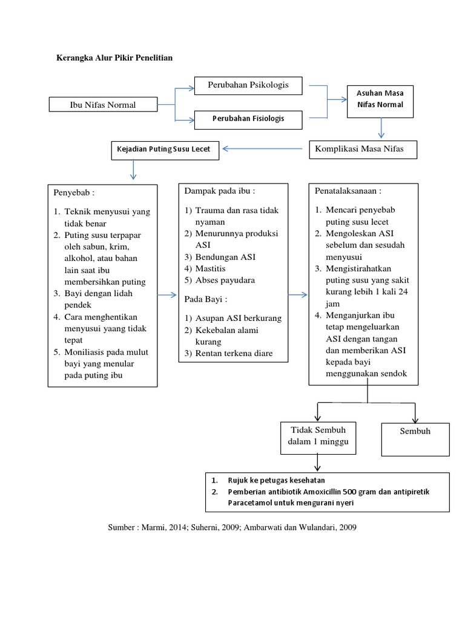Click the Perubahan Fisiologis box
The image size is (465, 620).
pyautogui.click(x=248, y=119)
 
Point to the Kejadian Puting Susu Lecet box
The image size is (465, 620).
pyautogui.click(x=165, y=149)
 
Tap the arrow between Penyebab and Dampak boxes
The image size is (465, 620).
pyautogui.click(x=168, y=295)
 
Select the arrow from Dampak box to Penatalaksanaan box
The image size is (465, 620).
pyautogui.click(x=297, y=295)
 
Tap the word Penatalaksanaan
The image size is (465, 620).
pyautogui.click(x=348, y=191)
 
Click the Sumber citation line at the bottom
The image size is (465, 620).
pyautogui.click(x=232, y=527)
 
